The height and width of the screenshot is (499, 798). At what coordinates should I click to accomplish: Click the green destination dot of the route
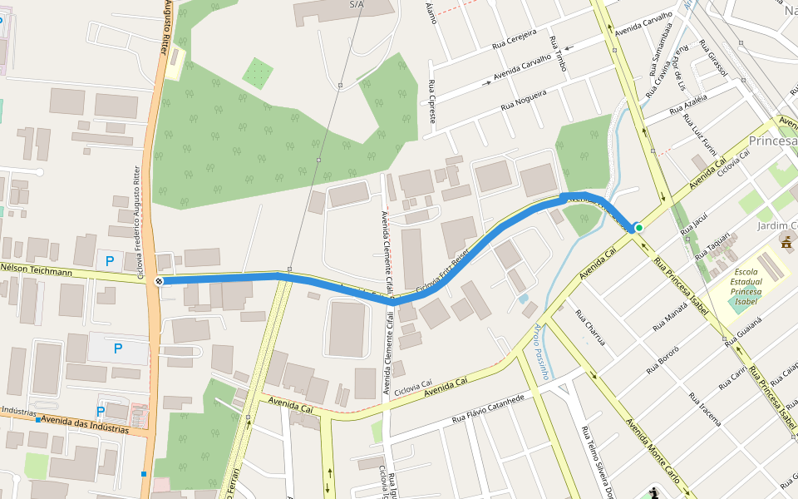tap(638, 227)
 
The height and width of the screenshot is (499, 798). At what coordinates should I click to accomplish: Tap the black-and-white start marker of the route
tap(159, 281)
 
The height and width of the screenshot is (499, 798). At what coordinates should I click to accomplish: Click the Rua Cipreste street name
tap(431, 101)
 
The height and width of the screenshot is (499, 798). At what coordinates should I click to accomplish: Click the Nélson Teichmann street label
tap(37, 271)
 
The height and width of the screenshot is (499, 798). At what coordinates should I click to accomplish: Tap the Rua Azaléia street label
tap(687, 105)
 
